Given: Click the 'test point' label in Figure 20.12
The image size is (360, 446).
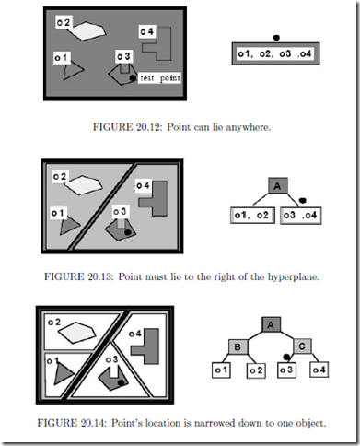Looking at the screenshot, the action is point(159,78).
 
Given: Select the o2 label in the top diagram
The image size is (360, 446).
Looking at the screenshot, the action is point(64,22).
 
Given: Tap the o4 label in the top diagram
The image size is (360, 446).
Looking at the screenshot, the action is point(147,31).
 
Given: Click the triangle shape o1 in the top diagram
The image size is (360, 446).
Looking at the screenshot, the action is point(73,70).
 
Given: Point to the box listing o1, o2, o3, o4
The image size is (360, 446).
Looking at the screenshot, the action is point(275,53).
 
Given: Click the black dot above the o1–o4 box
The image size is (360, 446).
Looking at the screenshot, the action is point(276,38).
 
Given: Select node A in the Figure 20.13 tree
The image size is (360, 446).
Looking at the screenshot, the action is point(278,185).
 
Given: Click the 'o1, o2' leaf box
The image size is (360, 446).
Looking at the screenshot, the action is point(252,215).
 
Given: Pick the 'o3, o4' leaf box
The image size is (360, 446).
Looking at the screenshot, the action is point(301,216).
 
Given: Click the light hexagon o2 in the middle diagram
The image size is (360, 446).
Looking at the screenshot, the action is point(84,185).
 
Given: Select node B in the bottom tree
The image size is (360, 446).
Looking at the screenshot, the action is point(238,346).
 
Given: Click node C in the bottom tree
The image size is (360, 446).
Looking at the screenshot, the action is point(302,346).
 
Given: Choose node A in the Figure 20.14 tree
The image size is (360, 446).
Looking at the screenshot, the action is point(271,324).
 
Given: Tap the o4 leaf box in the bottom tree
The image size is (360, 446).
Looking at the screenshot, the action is point(319,370).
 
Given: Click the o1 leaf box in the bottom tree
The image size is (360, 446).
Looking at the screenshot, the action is point(221,370).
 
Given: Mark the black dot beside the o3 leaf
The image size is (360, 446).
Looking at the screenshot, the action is point(286,357).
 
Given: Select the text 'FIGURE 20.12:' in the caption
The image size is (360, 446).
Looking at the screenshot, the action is point(127,127).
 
